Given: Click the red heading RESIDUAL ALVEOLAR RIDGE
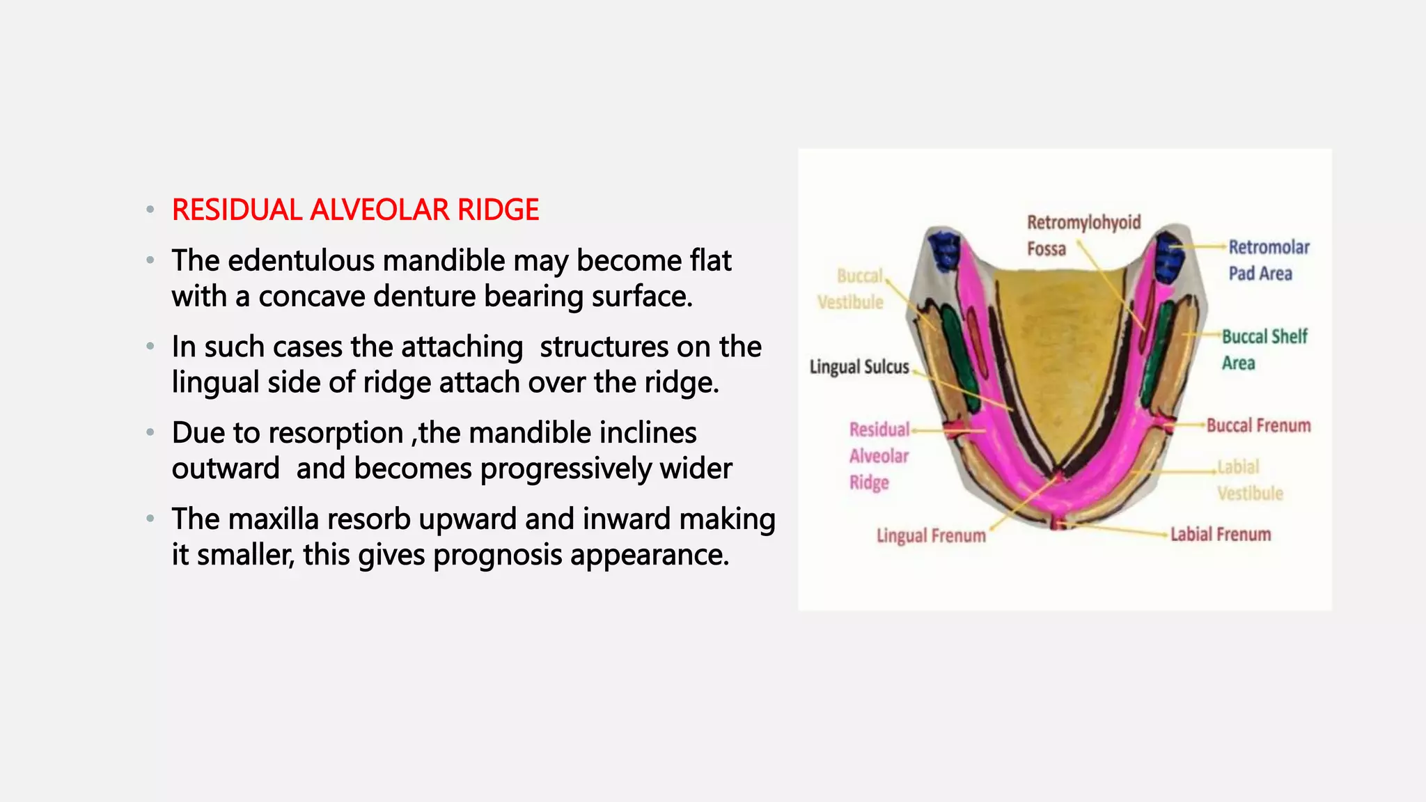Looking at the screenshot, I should pos(355,210).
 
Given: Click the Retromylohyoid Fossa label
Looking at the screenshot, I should pos(1083,235).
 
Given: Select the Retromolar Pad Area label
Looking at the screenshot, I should pos(1268,260).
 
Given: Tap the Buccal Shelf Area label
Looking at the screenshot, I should pos(1264,349).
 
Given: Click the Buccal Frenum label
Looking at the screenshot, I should pos(1258,425).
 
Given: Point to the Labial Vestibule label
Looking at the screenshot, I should pos(1249,480).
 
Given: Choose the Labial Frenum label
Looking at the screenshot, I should pos(1220,534).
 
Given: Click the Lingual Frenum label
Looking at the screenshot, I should pos(931,535).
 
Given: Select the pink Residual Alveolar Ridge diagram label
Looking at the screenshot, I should pos(879,456).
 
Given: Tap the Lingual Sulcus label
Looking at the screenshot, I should pos(859,367).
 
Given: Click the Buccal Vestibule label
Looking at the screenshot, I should pos(851,289).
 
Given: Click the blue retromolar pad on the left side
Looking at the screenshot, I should pos(945,249).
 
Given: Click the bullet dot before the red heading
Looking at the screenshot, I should pos(150,210).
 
